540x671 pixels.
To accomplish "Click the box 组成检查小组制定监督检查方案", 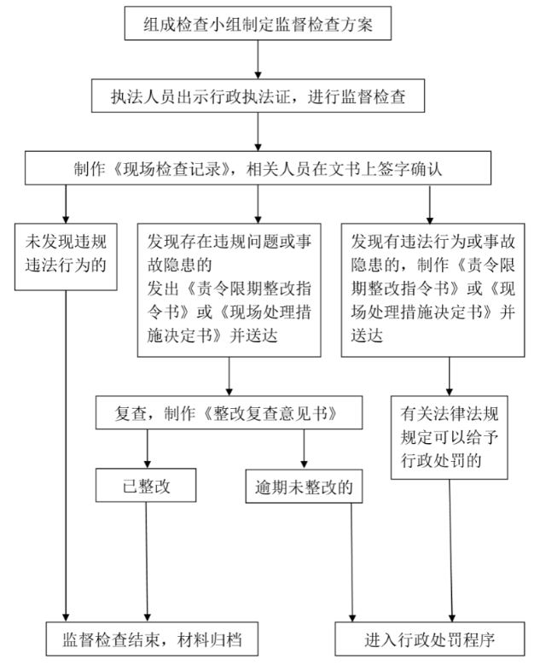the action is (x=258, y=24).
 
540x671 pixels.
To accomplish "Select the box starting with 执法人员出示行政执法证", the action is (x=258, y=96).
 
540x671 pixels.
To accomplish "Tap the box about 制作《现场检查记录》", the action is (x=258, y=168).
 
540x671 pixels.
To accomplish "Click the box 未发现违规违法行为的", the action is (x=66, y=257).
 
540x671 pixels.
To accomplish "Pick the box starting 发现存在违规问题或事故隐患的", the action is (x=229, y=289).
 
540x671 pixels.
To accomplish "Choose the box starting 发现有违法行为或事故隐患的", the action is (x=433, y=289).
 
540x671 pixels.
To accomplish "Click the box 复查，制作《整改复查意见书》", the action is (x=229, y=412).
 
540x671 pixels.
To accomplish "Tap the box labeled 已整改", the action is (x=146, y=485).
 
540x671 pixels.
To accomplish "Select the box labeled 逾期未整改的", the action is (x=304, y=487).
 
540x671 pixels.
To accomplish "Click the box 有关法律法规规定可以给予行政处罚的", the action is (x=450, y=437).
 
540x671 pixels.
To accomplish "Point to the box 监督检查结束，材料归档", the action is (x=152, y=639).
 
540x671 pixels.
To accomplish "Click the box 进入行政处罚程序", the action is (x=430, y=639).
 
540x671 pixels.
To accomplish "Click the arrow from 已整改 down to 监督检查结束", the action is (x=147, y=562).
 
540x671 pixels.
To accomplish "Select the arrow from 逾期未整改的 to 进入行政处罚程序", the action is (x=351, y=563).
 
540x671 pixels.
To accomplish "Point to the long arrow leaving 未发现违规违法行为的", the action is (x=66, y=456).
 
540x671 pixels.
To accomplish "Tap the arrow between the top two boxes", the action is (x=258, y=60).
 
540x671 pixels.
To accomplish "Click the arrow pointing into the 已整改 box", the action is (x=148, y=448).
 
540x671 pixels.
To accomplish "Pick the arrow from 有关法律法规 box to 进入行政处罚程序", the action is (x=450, y=551).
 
